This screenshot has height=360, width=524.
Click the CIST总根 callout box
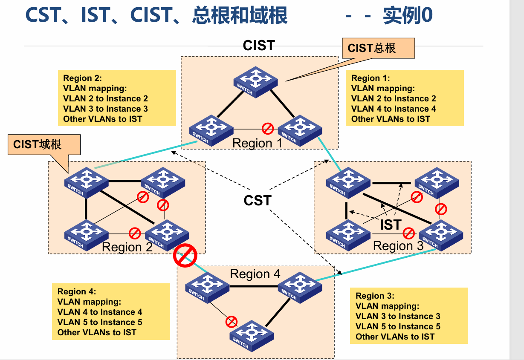coord(379,48)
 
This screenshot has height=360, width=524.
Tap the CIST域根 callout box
coord(44,144)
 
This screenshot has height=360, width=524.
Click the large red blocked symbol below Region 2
coord(185,256)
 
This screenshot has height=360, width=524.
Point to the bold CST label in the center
coord(257,200)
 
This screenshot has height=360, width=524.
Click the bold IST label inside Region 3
coord(390,225)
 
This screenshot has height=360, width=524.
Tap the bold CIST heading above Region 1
coord(258,46)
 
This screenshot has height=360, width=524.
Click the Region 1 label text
coord(257,143)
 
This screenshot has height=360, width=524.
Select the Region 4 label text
coord(255,274)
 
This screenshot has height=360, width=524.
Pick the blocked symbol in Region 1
coord(267,128)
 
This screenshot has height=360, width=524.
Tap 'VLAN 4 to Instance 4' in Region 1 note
coord(393,109)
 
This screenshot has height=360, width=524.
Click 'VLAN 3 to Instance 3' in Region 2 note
coord(105,109)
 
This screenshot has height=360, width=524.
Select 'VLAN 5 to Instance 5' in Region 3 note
coord(397,326)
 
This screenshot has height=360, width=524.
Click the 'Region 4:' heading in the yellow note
coord(77,291)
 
